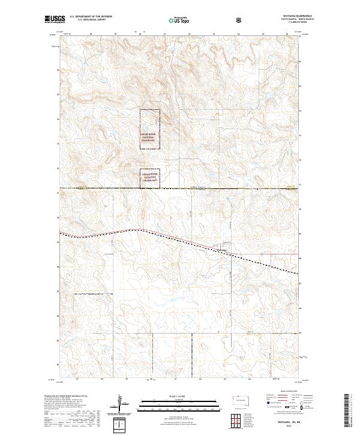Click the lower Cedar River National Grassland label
150,177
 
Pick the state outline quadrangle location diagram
239,400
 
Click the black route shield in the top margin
239,20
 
